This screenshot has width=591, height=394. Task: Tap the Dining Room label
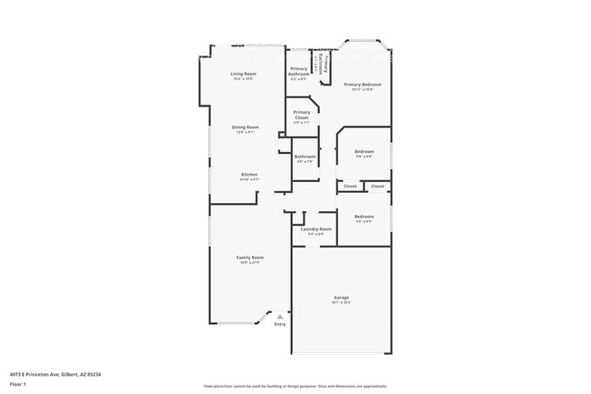(245, 127)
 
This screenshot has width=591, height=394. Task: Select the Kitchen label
(249, 174)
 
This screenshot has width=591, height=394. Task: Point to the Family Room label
(250, 258)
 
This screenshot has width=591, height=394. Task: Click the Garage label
(341, 298)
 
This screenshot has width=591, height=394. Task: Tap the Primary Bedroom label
(362, 85)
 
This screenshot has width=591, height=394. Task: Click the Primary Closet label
(302, 115)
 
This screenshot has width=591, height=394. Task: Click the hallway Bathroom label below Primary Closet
(305, 157)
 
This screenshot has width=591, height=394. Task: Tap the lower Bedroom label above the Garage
(364, 217)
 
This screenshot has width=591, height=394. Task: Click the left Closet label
(350, 186)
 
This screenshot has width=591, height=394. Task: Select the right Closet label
(377, 186)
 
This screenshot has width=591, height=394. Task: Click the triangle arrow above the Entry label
(279, 316)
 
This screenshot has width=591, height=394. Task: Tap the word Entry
(280, 324)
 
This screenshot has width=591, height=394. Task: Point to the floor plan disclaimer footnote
(295, 386)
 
